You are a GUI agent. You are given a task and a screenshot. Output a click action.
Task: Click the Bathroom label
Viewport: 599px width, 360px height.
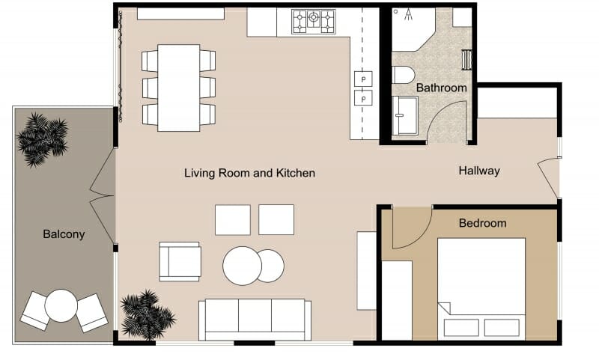[441, 88]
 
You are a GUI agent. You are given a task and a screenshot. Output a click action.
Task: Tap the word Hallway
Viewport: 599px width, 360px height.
[478, 171]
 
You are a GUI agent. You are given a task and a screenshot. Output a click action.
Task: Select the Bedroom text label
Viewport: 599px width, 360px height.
[482, 223]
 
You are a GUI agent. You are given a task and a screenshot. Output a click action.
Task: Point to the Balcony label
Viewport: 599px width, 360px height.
[64, 234]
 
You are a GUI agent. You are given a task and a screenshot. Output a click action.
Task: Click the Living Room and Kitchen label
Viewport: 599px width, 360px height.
[249, 173]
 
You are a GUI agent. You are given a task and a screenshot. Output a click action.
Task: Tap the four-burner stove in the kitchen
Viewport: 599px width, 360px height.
[313, 21]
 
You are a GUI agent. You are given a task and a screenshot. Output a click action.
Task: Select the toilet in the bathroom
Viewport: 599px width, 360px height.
[403, 74]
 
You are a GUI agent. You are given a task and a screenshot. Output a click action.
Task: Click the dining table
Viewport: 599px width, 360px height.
[178, 87]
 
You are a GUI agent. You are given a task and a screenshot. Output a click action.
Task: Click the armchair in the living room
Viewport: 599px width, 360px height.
[180, 261]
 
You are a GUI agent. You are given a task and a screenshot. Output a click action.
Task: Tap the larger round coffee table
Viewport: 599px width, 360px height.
[242, 266]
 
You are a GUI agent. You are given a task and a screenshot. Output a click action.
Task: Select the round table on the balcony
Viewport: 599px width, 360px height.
[61, 305]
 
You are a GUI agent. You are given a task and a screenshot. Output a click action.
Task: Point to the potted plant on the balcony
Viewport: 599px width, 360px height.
[43, 138]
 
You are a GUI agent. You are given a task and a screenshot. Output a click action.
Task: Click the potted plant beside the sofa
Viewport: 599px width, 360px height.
[147, 314]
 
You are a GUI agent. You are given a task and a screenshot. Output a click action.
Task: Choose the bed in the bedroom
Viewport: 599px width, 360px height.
[481, 288]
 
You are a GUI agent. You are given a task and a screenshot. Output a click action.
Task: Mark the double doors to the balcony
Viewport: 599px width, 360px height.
[102, 196]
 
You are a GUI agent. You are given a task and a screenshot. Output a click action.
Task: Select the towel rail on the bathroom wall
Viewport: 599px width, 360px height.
[466, 60]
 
